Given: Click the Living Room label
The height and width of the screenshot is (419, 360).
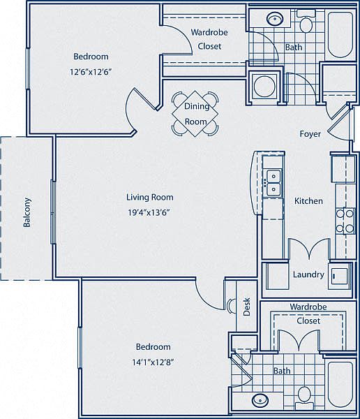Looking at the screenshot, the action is tap(150, 197).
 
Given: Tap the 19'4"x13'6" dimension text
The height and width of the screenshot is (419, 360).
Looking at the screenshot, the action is tap(149, 213).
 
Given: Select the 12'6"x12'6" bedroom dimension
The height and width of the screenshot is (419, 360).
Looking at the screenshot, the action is tap(91, 72).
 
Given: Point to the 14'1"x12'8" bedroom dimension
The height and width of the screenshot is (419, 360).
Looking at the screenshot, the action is tap(153, 362).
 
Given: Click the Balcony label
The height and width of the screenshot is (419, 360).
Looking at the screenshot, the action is tap(27, 212).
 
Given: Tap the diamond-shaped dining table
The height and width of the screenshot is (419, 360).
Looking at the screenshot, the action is tap(195, 114).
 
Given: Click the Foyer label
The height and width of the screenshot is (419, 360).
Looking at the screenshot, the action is tap(310, 134).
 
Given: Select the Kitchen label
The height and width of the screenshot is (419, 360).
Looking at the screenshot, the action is tap(308, 201).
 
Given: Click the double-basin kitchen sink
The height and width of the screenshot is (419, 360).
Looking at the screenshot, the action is tap(273, 183).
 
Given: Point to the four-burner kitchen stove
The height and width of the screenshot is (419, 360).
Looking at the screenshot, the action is tap(345, 221).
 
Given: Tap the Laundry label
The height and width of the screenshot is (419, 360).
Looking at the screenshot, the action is tap(308, 274).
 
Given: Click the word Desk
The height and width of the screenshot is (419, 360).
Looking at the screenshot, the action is tap(247, 307).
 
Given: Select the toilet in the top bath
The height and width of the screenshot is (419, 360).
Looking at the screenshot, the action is tap(306, 21).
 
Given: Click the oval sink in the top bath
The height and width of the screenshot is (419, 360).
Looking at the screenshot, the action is tap(275, 20).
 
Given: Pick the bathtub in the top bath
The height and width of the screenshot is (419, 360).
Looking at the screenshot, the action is tap(340, 35).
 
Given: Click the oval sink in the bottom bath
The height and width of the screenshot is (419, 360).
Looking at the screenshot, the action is tap(260, 400).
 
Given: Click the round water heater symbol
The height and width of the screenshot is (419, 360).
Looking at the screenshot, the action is tap(264, 86).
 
